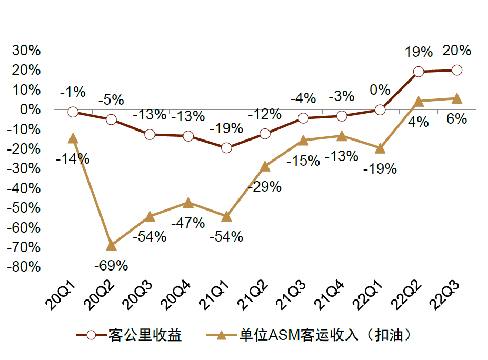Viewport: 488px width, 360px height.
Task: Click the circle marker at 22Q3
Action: pos(457,70)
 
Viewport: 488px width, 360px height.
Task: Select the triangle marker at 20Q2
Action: pos(111,245)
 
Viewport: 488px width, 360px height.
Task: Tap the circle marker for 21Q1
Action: pos(226,148)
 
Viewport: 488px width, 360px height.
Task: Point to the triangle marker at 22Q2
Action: pos(419,102)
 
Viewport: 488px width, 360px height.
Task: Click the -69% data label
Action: pos(111,265)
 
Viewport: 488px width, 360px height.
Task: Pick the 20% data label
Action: pos(457,51)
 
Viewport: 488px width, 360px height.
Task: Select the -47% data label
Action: pos(188,223)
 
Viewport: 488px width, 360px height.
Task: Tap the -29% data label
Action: pos(265,186)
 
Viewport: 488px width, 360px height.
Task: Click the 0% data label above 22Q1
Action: pos(380,90)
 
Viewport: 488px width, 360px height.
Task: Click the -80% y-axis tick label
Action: pos(24,266)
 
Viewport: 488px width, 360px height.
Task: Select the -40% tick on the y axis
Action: pos(24,188)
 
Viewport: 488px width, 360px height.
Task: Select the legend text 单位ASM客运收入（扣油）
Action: pos(324,335)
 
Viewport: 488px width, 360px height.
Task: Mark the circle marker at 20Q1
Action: pos(73,112)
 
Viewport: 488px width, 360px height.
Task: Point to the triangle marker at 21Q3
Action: pos(303,140)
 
